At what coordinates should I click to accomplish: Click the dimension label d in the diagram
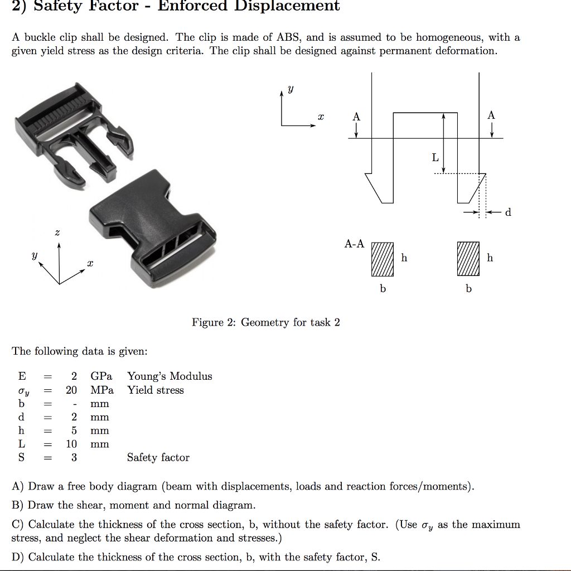[507, 212]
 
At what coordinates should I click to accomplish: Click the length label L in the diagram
[435, 158]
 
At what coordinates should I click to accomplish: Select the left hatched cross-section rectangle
[383, 259]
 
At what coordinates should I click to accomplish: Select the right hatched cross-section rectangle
[468, 259]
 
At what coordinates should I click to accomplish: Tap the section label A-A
[354, 244]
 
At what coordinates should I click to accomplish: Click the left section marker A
[356, 117]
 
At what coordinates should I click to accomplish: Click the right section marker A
[491, 115]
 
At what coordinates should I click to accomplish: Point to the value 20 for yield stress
[71, 390]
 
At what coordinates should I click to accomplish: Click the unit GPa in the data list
[101, 376]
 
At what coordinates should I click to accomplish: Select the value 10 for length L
[71, 444]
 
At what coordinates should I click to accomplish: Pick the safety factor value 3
[74, 457]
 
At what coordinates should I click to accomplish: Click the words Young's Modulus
[170, 376]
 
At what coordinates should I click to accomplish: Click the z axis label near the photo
[57, 232]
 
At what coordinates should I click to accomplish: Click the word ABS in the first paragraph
[288, 37]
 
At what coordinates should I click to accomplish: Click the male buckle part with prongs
[72, 134]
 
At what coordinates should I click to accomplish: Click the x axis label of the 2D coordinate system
[320, 117]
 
